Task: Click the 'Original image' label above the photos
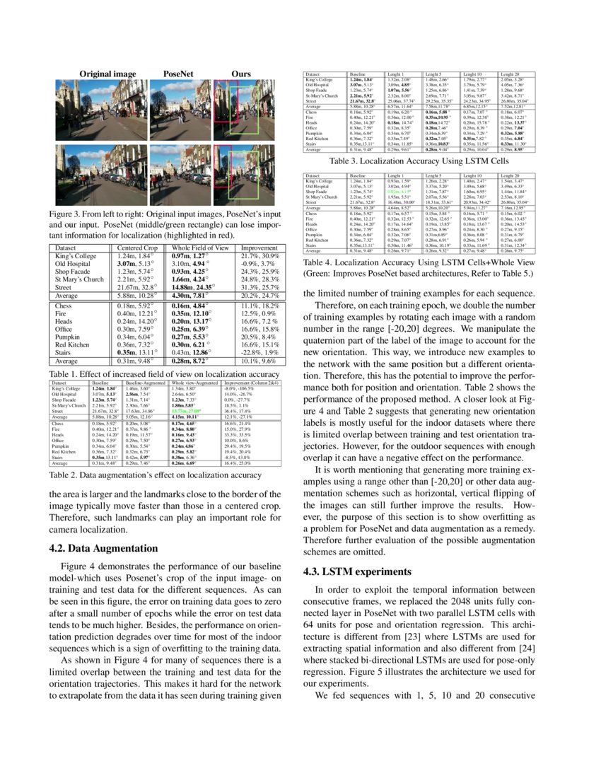[107, 73]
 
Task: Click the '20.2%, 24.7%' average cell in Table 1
[259, 296]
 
